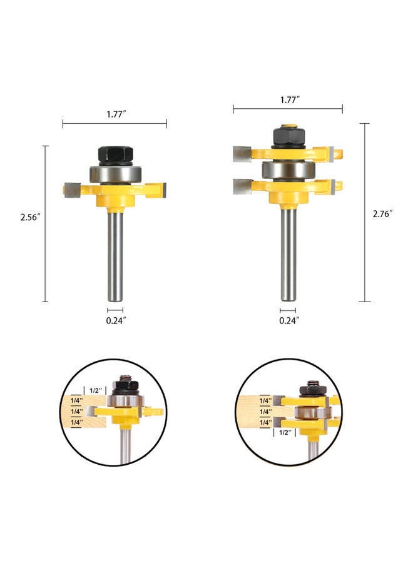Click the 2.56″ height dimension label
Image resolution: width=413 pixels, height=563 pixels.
pyautogui.click(x=30, y=217)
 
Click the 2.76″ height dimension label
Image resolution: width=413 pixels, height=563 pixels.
pyautogui.click(x=382, y=214)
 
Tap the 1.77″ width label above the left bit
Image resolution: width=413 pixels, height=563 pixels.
pyautogui.click(x=116, y=114)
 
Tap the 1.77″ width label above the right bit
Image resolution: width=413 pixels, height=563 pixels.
pyautogui.click(x=290, y=100)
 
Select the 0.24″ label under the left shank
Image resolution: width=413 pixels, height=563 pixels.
pyautogui.click(x=116, y=321)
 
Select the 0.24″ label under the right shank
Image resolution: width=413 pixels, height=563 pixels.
pyautogui.click(x=290, y=321)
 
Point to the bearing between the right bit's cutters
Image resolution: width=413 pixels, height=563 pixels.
pyautogui.click(x=288, y=169)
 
